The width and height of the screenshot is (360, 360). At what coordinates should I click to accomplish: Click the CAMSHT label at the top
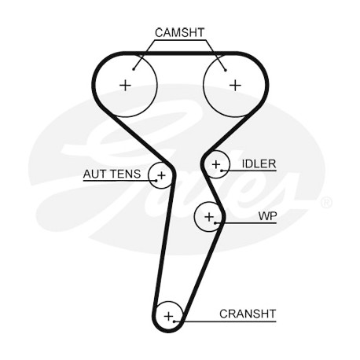click(179, 33)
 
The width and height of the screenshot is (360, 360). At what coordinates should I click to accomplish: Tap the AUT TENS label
click(112, 174)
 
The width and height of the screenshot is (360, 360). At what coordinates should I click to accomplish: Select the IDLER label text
click(259, 164)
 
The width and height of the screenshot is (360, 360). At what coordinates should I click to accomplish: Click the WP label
click(267, 216)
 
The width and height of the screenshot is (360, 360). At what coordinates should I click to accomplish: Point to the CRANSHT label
click(248, 314)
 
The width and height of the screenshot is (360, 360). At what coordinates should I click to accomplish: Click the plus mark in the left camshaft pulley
click(125, 85)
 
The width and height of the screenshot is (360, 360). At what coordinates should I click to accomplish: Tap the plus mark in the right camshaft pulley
click(235, 85)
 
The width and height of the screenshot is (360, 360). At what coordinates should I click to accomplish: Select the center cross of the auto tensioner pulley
click(162, 175)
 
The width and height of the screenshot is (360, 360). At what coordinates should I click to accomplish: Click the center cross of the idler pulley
click(216, 164)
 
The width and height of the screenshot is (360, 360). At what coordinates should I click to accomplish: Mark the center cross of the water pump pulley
click(209, 217)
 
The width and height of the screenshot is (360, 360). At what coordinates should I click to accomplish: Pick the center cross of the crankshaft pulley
click(169, 316)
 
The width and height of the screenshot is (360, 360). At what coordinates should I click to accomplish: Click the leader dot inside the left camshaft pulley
click(134, 69)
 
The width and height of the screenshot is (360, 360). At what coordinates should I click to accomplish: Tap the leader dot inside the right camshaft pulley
click(226, 70)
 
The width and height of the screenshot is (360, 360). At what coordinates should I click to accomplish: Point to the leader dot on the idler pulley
click(222, 171)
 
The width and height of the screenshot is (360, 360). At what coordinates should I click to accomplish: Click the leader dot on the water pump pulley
click(215, 223)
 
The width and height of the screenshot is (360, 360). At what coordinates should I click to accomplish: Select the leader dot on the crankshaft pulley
click(174, 321)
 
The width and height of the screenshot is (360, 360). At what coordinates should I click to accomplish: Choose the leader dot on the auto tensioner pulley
click(156, 181)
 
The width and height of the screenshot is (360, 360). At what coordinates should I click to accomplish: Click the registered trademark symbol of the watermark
click(326, 202)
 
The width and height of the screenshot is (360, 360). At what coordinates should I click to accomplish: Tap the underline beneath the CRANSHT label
click(226, 321)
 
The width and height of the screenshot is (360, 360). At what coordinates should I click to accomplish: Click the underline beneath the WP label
click(246, 223)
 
